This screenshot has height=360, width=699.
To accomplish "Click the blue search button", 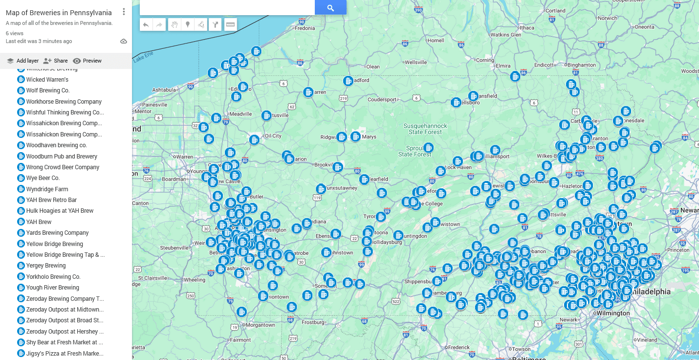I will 330,7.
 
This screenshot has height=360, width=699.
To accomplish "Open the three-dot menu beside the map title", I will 124,12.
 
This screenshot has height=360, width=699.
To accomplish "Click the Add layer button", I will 23,61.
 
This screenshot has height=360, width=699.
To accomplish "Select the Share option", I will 55,61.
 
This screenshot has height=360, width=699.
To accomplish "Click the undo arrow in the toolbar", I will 146,24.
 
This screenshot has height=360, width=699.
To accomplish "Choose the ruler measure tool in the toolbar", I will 231,24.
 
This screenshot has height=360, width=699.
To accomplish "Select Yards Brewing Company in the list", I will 57,233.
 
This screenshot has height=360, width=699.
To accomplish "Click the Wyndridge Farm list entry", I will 47,189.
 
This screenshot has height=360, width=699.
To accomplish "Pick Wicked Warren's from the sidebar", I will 47,80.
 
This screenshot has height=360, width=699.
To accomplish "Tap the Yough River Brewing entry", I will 52,288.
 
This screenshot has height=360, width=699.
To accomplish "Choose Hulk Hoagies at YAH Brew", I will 60,211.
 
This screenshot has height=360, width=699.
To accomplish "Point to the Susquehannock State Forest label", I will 425,129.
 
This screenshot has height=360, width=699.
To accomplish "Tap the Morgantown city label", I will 260,325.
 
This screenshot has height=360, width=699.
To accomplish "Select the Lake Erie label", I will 143,57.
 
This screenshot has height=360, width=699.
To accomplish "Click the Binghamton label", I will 582,65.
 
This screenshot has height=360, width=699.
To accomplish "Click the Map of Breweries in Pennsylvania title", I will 59,13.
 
